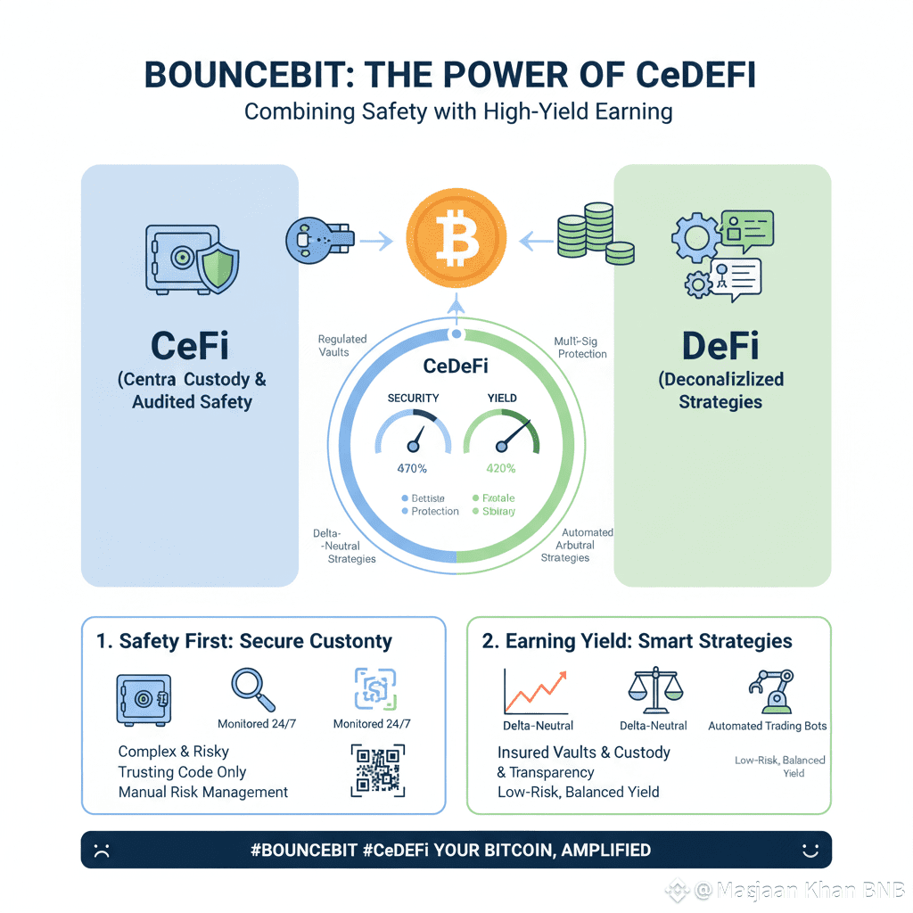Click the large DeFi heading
[720, 344]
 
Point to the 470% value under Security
[411, 468]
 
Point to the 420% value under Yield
[499, 468]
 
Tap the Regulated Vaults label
[342, 346]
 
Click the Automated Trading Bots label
[767, 726]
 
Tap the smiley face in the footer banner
[810, 850]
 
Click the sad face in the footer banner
[103, 850]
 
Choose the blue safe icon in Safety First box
[143, 698]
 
